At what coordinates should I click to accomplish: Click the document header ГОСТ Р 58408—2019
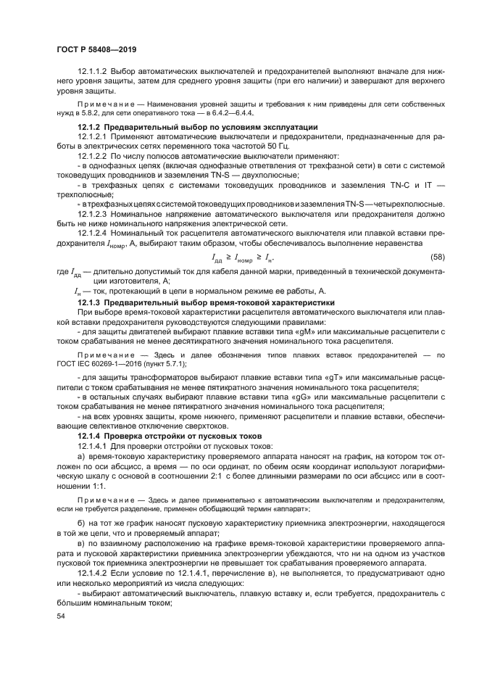coord(96,50)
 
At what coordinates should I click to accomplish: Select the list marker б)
coord(81,524)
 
